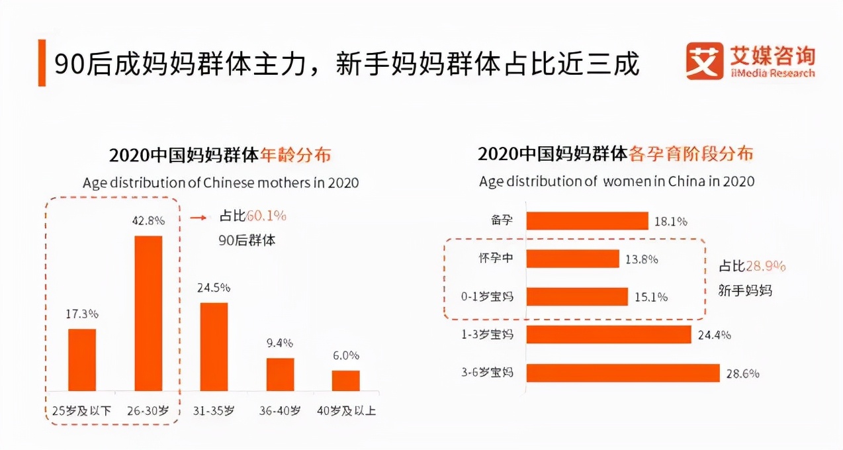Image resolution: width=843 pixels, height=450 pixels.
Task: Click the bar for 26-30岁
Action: click(x=148, y=313)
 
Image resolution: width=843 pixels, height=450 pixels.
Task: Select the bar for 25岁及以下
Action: click(x=82, y=359)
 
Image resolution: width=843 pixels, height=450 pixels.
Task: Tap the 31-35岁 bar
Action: click(x=214, y=347)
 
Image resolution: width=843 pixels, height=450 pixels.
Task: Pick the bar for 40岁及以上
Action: click(x=345, y=381)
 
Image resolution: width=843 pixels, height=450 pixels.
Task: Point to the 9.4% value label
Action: click(x=280, y=343)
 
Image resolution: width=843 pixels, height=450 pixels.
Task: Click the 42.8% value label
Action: click(x=148, y=220)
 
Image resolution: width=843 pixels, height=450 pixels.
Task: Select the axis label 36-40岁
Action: click(x=280, y=411)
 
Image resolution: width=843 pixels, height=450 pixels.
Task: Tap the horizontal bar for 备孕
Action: click(x=587, y=221)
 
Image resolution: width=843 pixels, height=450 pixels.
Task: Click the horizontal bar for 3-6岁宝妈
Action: click(x=623, y=373)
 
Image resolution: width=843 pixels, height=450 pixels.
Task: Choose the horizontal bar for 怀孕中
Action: click(x=572, y=259)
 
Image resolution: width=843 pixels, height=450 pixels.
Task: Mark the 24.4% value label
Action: click(x=714, y=335)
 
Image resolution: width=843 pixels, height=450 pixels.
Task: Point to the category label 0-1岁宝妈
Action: click(x=488, y=296)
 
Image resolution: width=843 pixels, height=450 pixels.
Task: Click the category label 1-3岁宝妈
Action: click(x=488, y=335)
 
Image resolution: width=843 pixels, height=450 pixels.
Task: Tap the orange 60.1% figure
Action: click(x=266, y=216)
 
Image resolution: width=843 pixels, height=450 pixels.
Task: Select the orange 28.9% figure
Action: click(x=766, y=266)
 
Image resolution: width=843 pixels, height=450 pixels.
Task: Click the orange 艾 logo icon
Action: click(x=704, y=61)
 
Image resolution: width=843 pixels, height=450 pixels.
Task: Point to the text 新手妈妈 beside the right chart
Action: click(x=746, y=290)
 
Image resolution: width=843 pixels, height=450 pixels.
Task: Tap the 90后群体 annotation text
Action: click(x=247, y=240)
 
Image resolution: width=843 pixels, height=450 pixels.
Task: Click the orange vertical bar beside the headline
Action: click(x=42, y=63)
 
